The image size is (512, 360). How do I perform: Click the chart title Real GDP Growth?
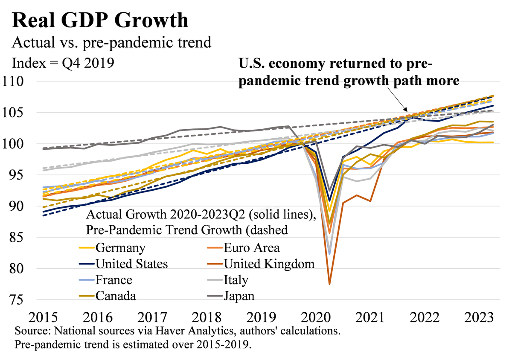[x=100, y=20]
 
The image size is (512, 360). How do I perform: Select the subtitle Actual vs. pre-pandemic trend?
[x=112, y=43]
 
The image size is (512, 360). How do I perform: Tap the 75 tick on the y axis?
[x=20, y=300]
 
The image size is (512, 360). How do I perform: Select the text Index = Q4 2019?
[x=63, y=63]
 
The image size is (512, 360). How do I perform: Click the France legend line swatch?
[x=87, y=280]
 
